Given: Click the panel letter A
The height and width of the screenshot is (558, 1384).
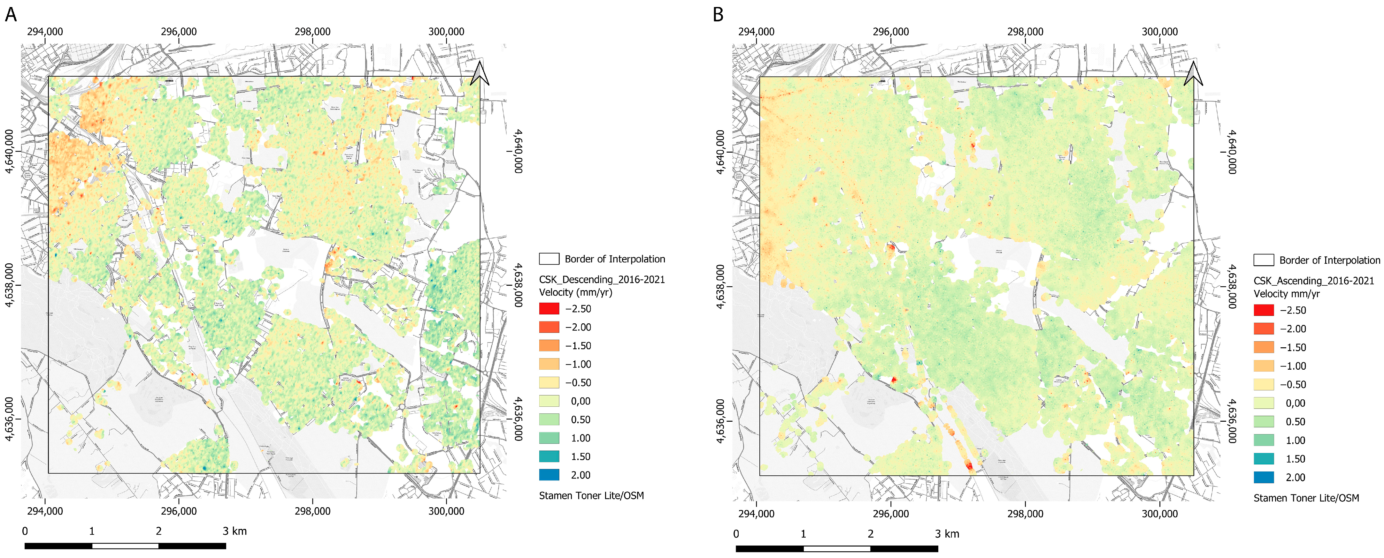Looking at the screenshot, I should tap(11, 14).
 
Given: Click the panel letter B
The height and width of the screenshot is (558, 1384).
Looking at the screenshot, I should tap(718, 14).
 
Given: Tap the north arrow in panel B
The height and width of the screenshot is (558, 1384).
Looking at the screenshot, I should tap(1193, 73).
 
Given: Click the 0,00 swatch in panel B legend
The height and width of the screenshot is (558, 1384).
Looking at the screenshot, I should tap(1264, 403).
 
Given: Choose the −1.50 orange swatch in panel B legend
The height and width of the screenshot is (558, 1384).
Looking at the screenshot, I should tap(1264, 348).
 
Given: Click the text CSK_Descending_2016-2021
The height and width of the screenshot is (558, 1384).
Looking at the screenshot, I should tap(602, 279).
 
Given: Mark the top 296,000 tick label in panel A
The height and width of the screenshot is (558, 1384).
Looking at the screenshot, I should tap(179, 32).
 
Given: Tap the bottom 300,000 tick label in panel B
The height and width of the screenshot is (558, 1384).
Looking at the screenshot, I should tap(1159, 513).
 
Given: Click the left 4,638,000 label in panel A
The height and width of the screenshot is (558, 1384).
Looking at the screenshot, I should tap(10, 285).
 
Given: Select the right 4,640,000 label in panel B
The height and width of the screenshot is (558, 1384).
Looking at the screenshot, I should tap(1232, 151).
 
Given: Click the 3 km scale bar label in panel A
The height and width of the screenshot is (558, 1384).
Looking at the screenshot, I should tap(235, 531).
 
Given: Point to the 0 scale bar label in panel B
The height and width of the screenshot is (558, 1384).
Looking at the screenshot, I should tap(736, 534).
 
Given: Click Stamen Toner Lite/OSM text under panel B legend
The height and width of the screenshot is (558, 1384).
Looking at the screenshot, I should tap(1306, 498).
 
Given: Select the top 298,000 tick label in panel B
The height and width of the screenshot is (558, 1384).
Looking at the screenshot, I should tap(1025, 32).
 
